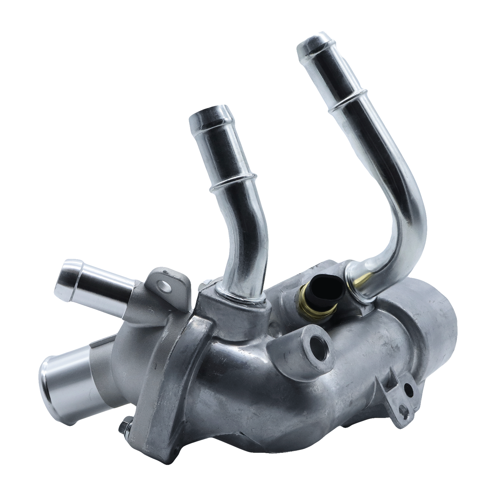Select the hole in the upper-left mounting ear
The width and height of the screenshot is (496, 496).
click(163, 284)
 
